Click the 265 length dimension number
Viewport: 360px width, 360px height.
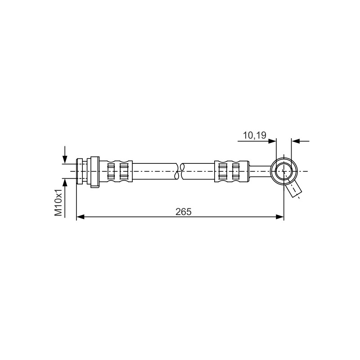pos(183,211)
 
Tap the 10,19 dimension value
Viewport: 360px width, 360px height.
pos(254,135)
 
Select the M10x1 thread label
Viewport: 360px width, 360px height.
pos(58,202)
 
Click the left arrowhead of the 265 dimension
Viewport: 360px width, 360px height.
pos(81,216)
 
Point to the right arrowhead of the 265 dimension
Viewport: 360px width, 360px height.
pos(280,216)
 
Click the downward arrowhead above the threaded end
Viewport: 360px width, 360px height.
pos(65,159)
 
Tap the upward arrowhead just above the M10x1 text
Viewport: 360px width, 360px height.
pos(65,183)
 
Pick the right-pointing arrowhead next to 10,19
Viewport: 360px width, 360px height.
pos(272,141)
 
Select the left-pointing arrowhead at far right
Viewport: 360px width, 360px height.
pos(296,141)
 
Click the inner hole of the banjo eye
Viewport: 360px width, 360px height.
pos(284,171)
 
